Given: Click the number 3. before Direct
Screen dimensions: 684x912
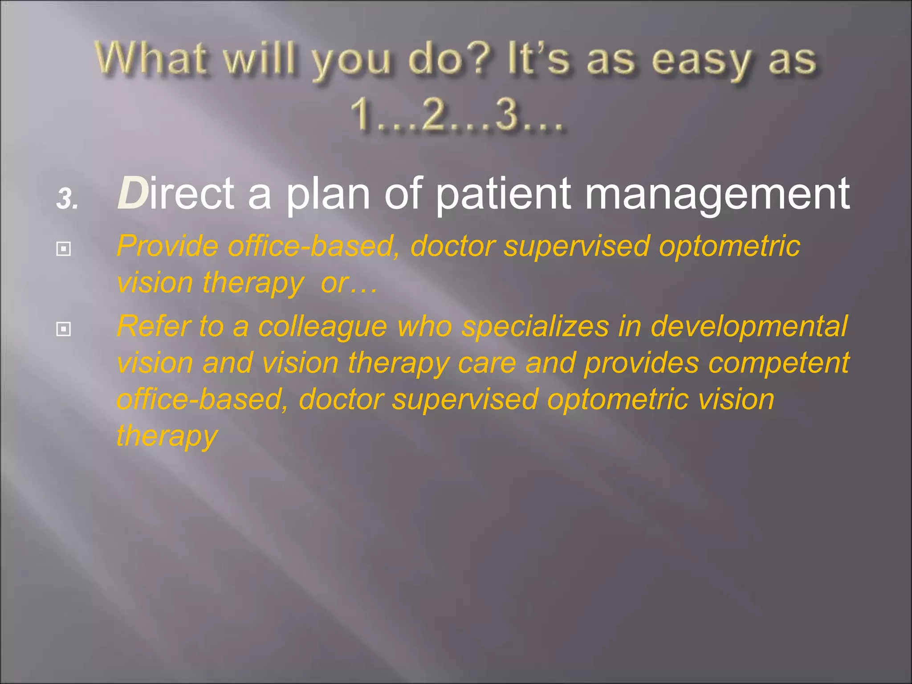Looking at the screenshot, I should click(67, 199).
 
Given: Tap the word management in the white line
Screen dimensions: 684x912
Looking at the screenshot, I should click(717, 195).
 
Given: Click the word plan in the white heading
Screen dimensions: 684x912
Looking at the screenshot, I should click(328, 195).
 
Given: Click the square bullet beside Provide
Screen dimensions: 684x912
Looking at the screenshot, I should click(64, 249).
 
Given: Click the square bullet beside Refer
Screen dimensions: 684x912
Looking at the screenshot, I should click(64, 329).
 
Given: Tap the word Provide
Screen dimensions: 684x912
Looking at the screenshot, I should click(167, 246).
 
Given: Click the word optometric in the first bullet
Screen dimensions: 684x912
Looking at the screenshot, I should click(729, 246).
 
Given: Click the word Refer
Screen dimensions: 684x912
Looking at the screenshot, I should click(154, 326).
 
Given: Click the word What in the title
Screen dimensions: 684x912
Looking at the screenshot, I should click(151, 59).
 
